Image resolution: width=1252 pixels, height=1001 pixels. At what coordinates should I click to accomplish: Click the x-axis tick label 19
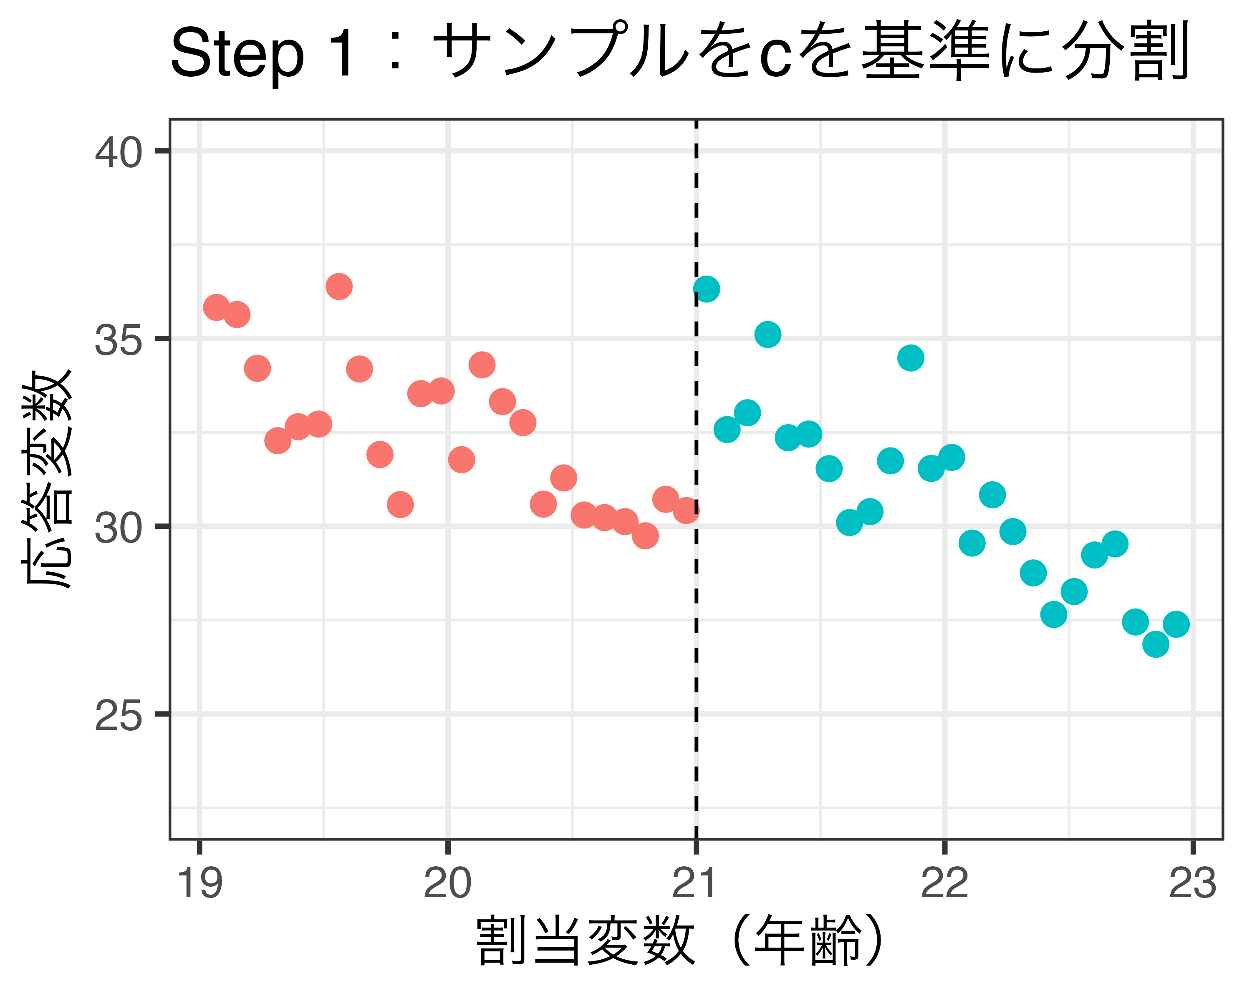pyautogui.click(x=200, y=884)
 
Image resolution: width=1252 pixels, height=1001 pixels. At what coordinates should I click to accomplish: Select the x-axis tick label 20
pyautogui.click(x=448, y=884)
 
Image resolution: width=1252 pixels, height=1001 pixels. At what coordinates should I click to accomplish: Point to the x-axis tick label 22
pyautogui.click(x=945, y=884)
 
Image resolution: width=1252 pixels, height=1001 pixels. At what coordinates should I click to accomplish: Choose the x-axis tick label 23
pyautogui.click(x=1192, y=884)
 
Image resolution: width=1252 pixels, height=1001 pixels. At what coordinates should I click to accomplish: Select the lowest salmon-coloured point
pyautogui.click(x=645, y=536)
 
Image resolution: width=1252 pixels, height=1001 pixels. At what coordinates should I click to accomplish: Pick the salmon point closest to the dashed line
pyautogui.click(x=686, y=510)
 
